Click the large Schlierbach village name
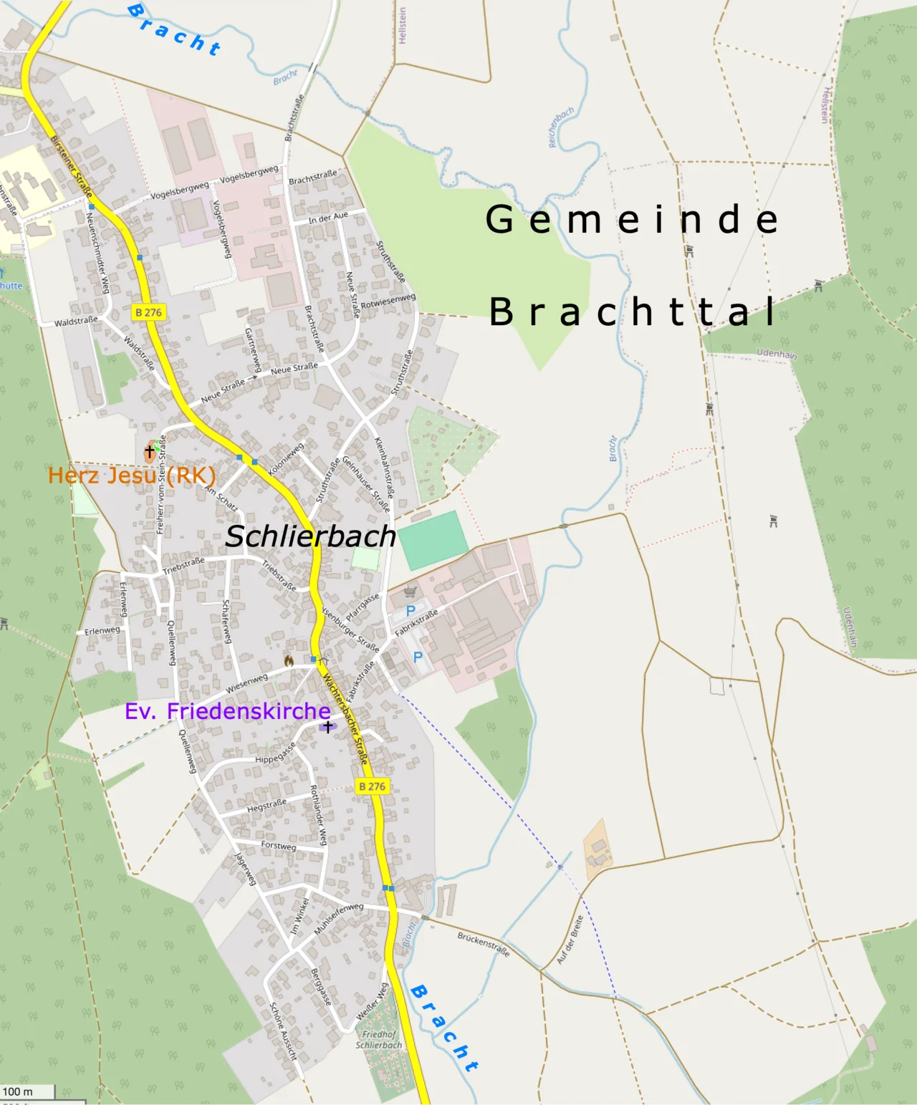310,536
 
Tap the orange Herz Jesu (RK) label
132,476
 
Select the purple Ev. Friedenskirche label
228,711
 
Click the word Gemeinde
632,219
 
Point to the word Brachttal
633,312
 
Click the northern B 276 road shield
149,312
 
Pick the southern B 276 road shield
372,786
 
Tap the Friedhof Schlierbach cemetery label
379,1039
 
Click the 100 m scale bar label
18,1091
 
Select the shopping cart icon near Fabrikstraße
410,592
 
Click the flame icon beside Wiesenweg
289,660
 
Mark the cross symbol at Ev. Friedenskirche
327,727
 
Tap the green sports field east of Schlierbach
433,540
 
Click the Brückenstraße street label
483,944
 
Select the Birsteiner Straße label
71,166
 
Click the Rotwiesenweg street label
388,301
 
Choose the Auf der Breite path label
570,940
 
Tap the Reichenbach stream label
561,127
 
